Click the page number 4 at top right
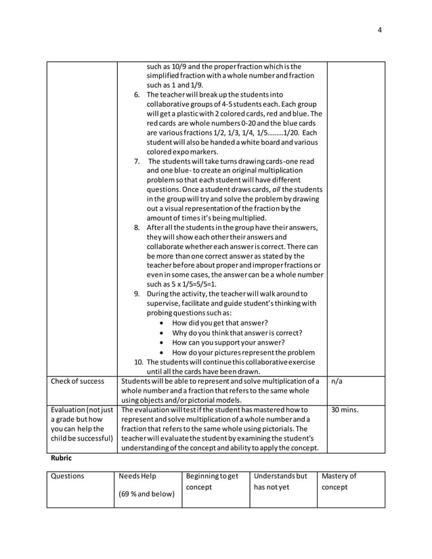tap(380, 30)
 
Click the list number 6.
tap(137, 95)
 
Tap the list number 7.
tap(137, 161)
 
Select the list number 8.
tap(137, 227)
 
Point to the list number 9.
tap(137, 294)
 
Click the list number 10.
tap(138, 361)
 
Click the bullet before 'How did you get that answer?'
tap(161, 323)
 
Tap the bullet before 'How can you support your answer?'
tap(161, 342)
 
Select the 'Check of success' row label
tap(78, 381)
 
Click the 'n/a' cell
tap(338, 381)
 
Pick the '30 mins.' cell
tap(345, 409)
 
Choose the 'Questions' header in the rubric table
tap(68, 476)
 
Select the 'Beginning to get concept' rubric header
tap(211, 481)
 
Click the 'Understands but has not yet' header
tap(278, 481)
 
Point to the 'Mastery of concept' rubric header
tap(340, 481)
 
